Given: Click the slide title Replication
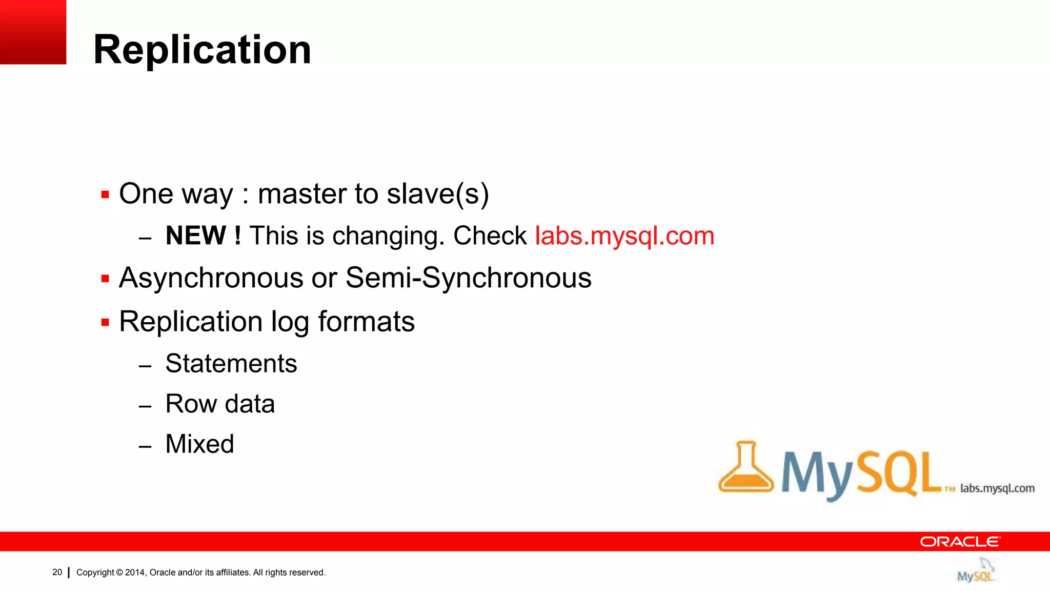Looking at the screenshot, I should (x=202, y=50).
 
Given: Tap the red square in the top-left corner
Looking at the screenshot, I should (x=33, y=32).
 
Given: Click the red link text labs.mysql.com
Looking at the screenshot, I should (x=624, y=236).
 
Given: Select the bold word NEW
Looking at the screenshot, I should (x=196, y=236).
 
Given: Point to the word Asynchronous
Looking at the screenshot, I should (x=211, y=279).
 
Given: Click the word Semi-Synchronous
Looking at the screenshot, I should (x=468, y=278).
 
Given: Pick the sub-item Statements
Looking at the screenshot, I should (x=231, y=364).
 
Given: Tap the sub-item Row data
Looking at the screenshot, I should (x=220, y=404).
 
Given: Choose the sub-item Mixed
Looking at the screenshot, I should (x=199, y=444).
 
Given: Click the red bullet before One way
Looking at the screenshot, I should (x=105, y=195).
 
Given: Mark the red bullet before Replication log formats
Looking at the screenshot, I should (x=105, y=323).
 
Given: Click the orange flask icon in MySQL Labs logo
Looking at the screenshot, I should (x=745, y=468).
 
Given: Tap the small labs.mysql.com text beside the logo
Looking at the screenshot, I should (x=997, y=488).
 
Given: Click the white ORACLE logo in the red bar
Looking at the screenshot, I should (x=959, y=542).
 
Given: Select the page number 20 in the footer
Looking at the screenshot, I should (x=57, y=572).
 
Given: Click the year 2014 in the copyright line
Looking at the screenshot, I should (x=135, y=573).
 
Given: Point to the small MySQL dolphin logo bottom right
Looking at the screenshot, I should (x=976, y=570).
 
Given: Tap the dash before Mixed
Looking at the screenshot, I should (x=145, y=446).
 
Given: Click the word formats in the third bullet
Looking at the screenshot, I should (x=366, y=322).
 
